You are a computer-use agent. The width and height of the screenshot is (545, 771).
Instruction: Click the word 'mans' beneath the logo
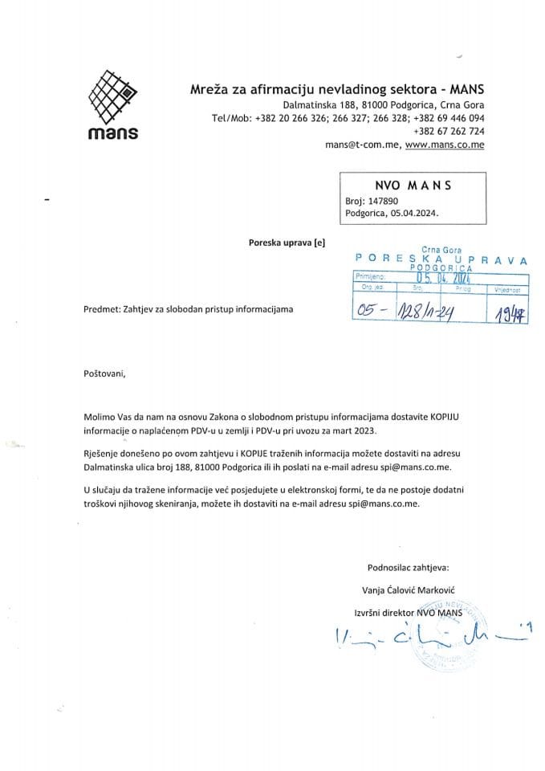(113, 133)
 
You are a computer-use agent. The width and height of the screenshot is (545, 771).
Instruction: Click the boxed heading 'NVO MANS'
(413, 186)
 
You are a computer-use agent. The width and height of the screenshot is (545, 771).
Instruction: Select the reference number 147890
(381, 201)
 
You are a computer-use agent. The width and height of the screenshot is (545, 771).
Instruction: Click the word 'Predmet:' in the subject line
(101, 308)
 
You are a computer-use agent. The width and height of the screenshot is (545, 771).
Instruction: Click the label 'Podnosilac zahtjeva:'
(409, 566)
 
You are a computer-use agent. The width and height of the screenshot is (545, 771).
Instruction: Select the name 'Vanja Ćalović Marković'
(409, 589)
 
